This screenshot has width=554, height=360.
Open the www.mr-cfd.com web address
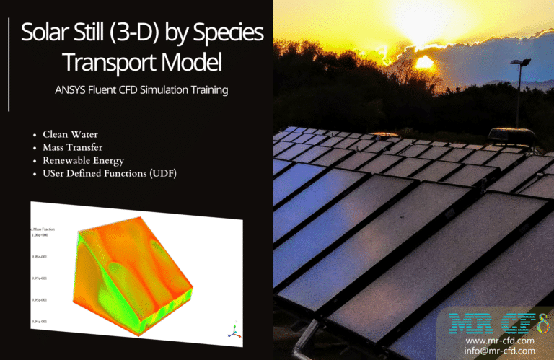pos(500,340)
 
